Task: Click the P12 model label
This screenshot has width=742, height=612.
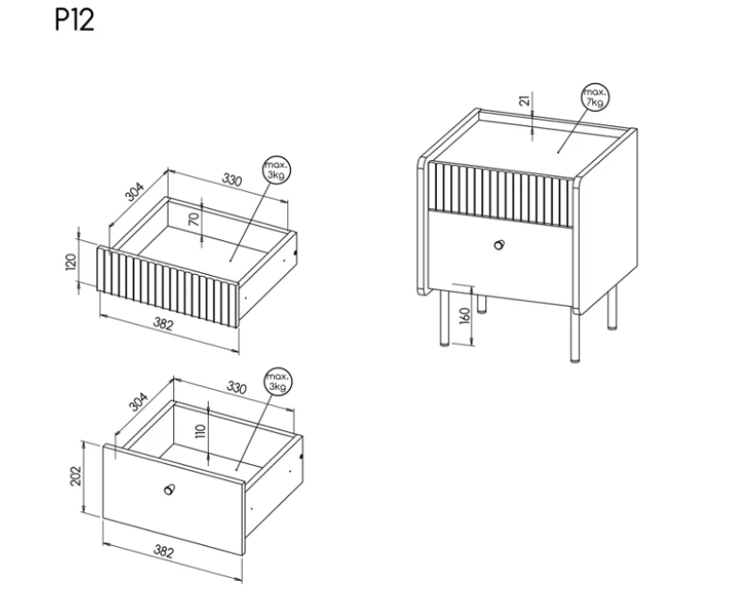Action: click(x=74, y=21)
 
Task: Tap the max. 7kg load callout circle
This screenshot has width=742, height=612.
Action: click(x=595, y=97)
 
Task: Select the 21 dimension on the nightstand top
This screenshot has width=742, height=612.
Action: click(x=524, y=101)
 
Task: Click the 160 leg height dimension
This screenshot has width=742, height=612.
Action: click(x=465, y=315)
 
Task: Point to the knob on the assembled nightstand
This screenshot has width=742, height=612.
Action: click(x=499, y=245)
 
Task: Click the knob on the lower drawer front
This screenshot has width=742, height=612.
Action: click(x=169, y=489)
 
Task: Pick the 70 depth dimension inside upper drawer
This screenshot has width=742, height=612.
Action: click(x=195, y=219)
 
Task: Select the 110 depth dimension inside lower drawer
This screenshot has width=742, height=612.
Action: click(x=201, y=431)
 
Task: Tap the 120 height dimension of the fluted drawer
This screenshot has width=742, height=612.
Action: click(x=71, y=262)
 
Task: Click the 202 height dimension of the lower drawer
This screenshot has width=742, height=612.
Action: click(x=75, y=475)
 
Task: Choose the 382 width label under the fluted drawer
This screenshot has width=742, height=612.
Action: click(x=163, y=324)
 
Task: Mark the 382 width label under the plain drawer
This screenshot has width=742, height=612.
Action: click(x=164, y=551)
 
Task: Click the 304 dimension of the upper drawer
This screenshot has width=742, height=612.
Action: click(x=135, y=192)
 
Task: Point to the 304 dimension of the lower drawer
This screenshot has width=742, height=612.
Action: click(x=138, y=402)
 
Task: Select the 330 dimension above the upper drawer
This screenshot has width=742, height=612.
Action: click(x=232, y=180)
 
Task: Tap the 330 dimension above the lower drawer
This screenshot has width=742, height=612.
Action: click(x=236, y=388)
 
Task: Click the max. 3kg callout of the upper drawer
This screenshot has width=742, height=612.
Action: click(x=277, y=170)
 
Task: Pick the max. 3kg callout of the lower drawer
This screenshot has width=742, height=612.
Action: click(x=279, y=381)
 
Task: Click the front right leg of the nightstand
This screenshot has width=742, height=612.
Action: click(x=574, y=337)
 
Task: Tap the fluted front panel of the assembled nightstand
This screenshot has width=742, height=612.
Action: click(x=500, y=194)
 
